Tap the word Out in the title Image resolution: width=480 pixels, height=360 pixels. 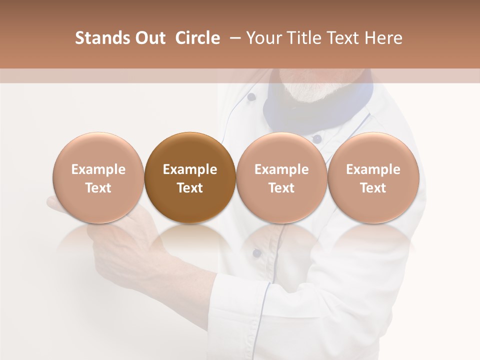click(149, 38)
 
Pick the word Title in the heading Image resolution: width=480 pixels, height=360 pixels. click(309, 38)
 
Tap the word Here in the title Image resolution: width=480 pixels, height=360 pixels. click(383, 38)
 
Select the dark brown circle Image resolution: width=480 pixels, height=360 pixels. click(190, 177)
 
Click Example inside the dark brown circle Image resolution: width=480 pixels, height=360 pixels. click(190, 169)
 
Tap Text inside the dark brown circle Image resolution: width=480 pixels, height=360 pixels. click(190, 188)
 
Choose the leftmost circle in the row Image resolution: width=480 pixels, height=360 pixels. click(98, 177)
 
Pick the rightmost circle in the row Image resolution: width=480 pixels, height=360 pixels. click(373, 177)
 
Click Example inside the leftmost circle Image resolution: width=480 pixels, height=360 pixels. click(98, 169)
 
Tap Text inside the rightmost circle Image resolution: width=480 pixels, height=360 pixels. click(373, 188)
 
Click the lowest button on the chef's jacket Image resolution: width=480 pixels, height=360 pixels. click(256, 253)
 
